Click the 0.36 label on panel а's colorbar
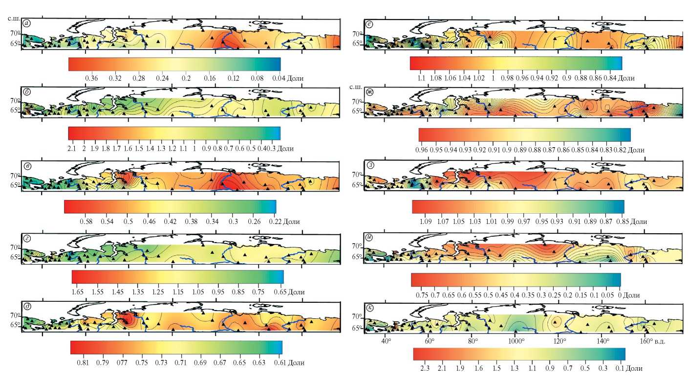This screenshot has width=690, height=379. [91, 78]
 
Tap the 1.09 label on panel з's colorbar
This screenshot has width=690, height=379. [425, 222]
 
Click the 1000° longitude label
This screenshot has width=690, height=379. [516, 341]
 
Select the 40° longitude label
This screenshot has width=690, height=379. [387, 341]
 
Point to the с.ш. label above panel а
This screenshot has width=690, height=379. [13, 18]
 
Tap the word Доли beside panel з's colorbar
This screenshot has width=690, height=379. [638, 222]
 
